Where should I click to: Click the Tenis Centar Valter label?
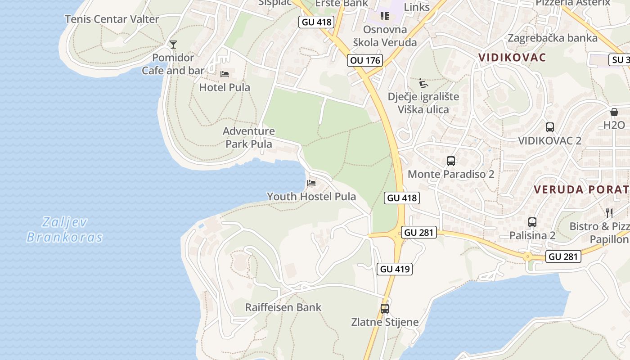112,19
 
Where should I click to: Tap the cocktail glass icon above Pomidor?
173,44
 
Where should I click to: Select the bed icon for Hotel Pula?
225,74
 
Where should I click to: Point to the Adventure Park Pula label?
249,138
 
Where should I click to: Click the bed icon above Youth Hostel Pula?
311,183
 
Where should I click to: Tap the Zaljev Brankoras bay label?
64,229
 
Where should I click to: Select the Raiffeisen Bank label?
283,307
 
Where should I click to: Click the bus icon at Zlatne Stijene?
384,309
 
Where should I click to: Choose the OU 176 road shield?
365,60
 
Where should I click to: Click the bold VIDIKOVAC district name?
513,58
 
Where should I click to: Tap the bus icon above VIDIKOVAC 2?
549,127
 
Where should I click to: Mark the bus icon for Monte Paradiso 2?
450,161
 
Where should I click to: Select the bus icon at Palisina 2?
532,222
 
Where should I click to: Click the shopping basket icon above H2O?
614,112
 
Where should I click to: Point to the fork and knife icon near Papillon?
609,213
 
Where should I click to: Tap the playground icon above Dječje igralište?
423,83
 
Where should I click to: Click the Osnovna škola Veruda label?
385,36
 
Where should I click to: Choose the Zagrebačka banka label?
553,38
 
